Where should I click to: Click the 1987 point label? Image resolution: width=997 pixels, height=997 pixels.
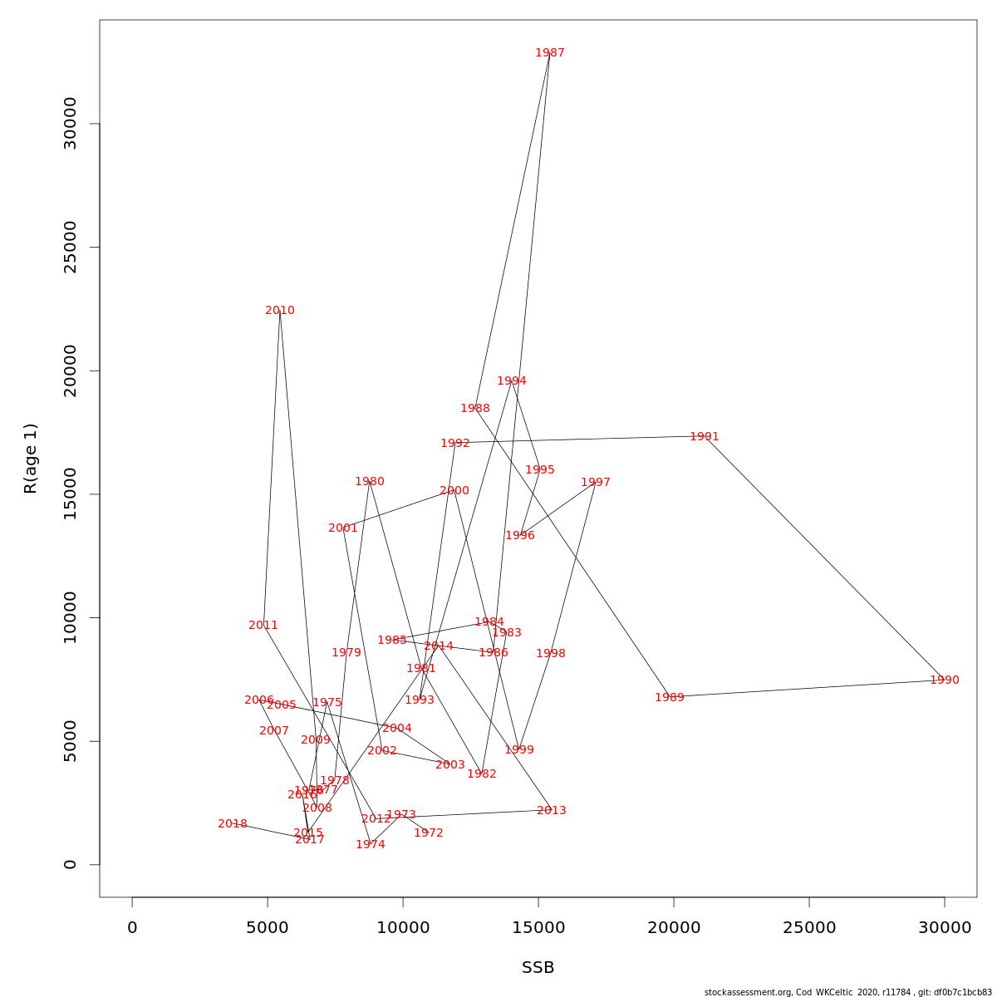pos(550,53)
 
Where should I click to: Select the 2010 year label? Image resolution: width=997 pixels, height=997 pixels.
pos(280,311)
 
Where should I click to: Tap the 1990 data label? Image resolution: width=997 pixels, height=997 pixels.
pos(945,680)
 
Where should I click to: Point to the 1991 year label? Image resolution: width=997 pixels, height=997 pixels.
pos(705,437)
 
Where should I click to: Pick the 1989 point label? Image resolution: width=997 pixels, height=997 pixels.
pos(670,698)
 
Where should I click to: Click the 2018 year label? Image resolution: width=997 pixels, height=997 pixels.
pos(233,824)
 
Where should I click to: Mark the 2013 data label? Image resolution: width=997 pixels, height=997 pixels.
pos(552,811)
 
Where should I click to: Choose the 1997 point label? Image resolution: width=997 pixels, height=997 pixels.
pos(596,483)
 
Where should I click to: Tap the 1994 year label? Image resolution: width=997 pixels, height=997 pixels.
pos(512,381)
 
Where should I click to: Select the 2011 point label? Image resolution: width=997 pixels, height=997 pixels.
pos(263,626)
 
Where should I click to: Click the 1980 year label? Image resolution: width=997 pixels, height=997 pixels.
pos(370,482)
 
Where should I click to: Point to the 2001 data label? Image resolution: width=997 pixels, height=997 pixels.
pos(343,528)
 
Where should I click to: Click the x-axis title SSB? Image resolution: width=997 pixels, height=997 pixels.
pos(538,968)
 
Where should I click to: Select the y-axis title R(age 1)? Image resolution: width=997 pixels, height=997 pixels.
pos(31,459)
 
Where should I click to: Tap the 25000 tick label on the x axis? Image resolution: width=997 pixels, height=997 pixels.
pos(809,928)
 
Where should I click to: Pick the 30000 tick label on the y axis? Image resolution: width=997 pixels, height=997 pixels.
pos(71,124)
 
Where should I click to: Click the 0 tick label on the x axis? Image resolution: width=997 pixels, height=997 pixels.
pos(132,928)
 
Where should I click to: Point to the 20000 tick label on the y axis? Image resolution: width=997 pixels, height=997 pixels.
pos(71,371)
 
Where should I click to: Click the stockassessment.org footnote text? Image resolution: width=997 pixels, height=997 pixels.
pos(847,992)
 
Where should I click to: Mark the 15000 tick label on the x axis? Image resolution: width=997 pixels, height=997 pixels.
pos(538,928)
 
